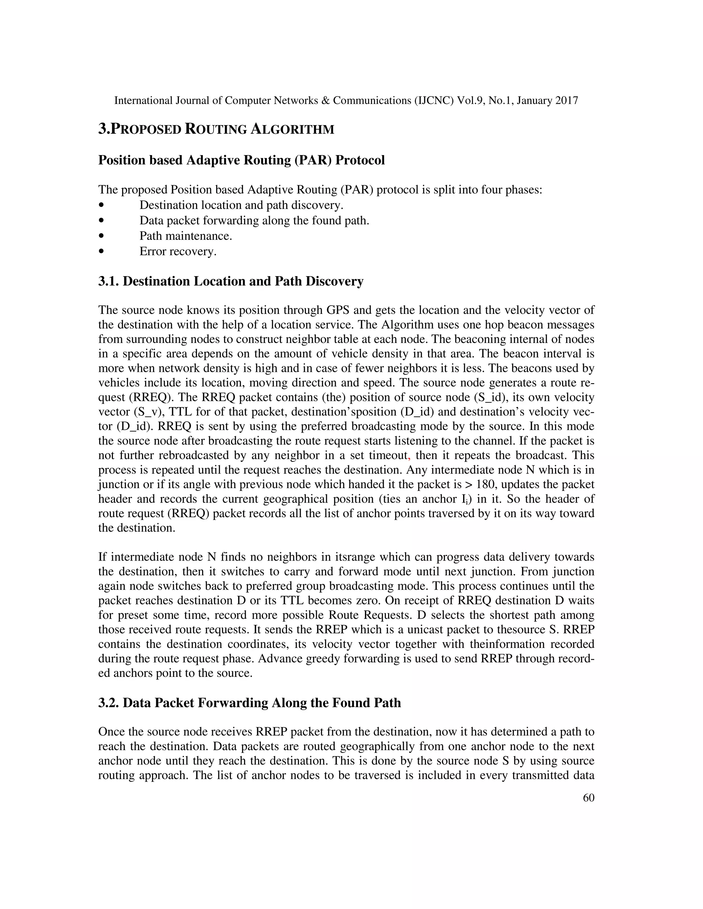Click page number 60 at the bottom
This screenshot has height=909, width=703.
click(x=588, y=798)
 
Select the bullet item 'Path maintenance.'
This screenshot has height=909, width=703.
click(x=185, y=236)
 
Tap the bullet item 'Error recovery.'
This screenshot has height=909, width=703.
click(x=178, y=251)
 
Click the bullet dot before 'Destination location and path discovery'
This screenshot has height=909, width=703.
click(x=101, y=205)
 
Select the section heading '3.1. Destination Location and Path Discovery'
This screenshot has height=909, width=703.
click(x=231, y=281)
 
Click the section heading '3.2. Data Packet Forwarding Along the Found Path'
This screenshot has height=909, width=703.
click(x=250, y=703)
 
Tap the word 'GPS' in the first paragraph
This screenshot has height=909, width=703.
click(x=338, y=310)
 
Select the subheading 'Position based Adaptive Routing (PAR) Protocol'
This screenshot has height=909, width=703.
click(x=241, y=160)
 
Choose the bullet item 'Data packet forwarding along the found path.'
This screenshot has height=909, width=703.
click(x=254, y=221)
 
